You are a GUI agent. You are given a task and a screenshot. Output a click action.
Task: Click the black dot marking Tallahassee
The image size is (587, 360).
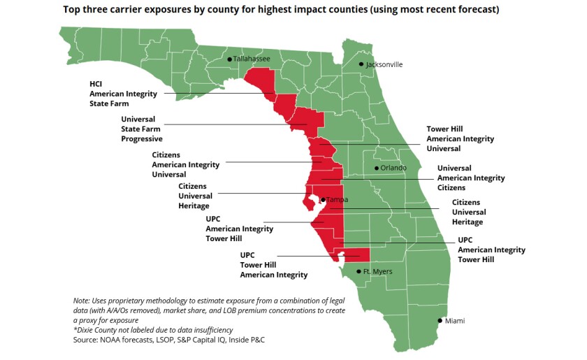pos(229,59)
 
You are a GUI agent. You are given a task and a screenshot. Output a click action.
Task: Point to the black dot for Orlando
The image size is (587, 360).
pos(376,168)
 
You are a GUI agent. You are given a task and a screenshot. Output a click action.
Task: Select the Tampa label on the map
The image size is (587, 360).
pos(337,200)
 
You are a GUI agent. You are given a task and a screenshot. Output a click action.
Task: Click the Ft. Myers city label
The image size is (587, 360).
pos(377,271)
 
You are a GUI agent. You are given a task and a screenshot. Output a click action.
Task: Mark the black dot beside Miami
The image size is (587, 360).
pos(439,321)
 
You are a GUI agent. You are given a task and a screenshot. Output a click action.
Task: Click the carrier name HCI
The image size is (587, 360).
pos(96,83)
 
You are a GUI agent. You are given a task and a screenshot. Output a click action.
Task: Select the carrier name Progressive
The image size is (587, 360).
pos(142,139)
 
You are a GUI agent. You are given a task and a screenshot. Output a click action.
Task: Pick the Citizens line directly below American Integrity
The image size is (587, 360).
pos(451,188)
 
